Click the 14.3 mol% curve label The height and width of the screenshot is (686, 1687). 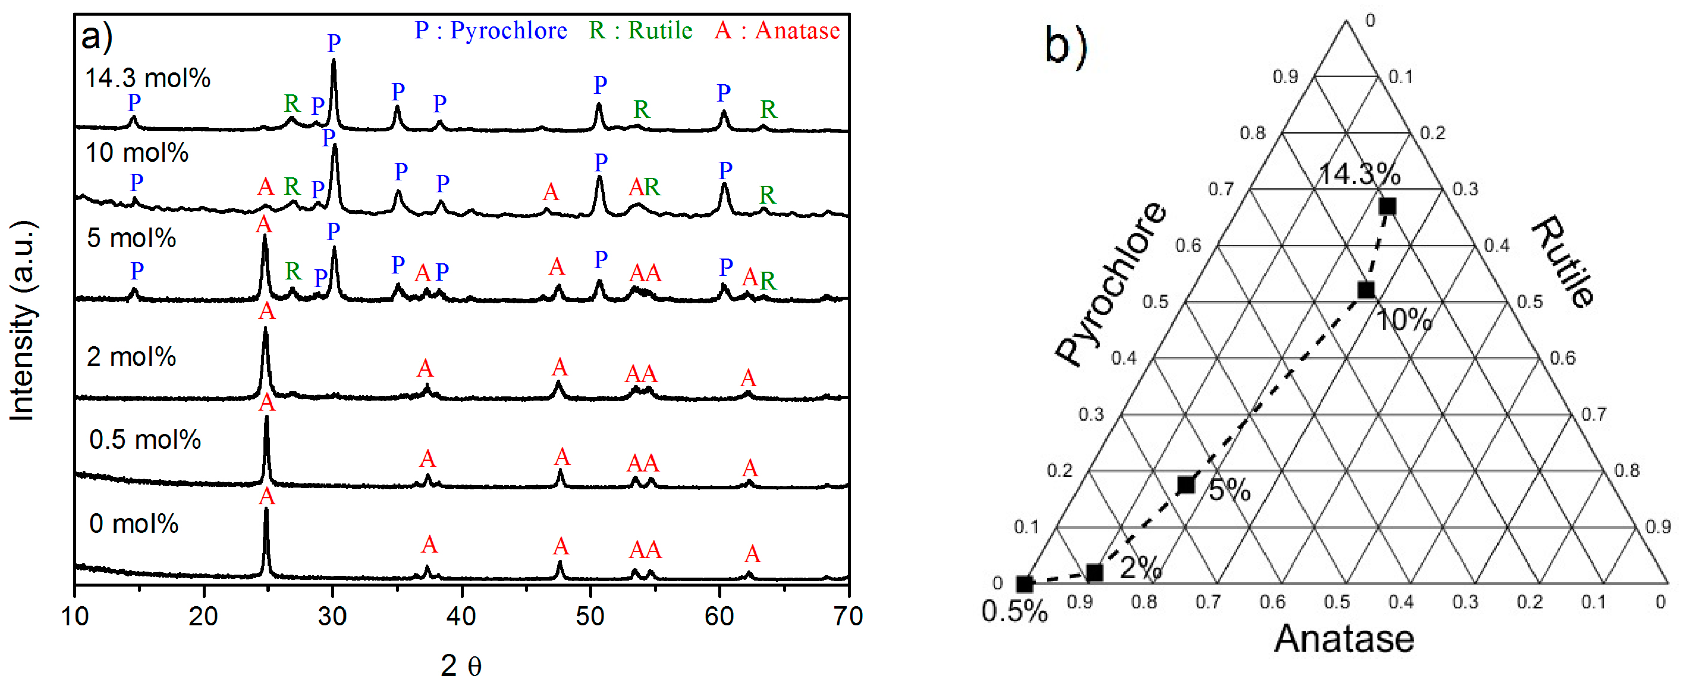pyautogui.click(x=147, y=78)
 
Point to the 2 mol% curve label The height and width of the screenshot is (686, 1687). pyautogui.click(x=131, y=357)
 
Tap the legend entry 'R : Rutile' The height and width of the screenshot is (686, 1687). pyautogui.click(x=640, y=31)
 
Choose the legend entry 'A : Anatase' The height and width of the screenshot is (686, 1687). pyautogui.click(x=777, y=31)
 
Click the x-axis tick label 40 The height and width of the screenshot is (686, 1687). pyautogui.click(x=461, y=617)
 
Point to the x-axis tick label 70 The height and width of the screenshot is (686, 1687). pyautogui.click(x=848, y=617)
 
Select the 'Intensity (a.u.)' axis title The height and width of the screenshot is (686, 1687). pyautogui.click(x=22, y=321)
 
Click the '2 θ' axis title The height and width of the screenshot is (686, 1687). pyautogui.click(x=461, y=666)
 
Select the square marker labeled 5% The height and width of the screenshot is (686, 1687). pyautogui.click(x=1186, y=485)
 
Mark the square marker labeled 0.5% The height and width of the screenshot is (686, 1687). pyautogui.click(x=1025, y=584)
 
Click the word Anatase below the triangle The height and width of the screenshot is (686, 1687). pyautogui.click(x=1344, y=639)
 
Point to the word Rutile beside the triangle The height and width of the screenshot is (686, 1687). pyautogui.click(x=1562, y=262)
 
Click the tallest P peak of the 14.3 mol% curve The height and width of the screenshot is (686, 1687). pyautogui.click(x=334, y=62)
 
